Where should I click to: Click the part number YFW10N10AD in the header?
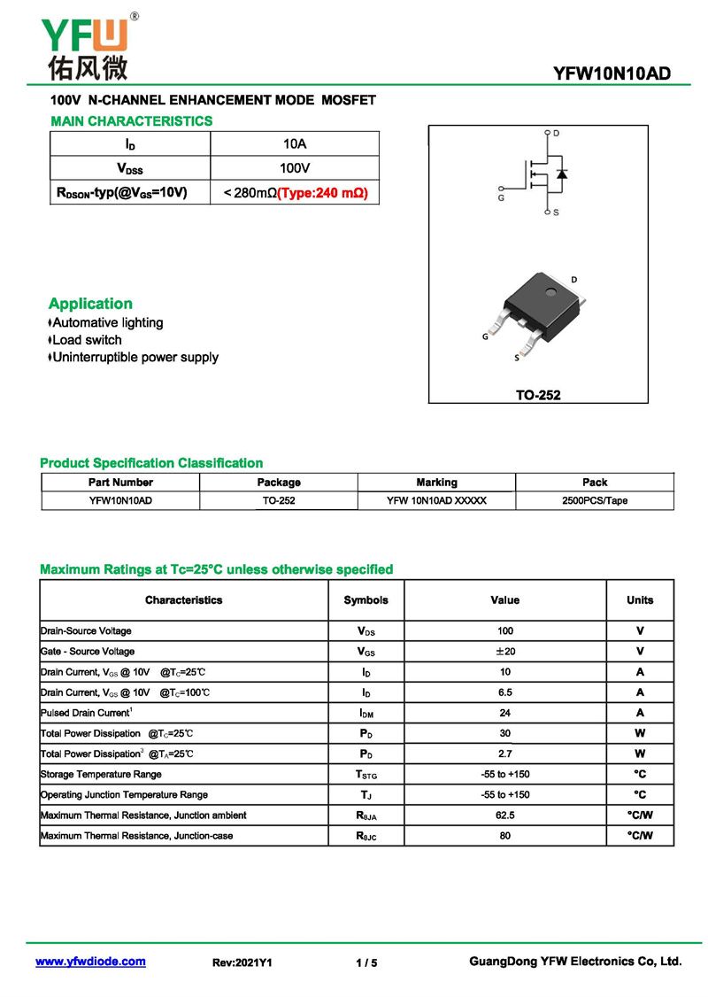[x=612, y=74]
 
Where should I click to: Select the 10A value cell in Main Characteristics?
[x=295, y=143]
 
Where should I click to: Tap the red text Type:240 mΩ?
[x=322, y=192]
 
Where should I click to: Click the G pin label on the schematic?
[x=501, y=198]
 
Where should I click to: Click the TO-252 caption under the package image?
[x=538, y=395]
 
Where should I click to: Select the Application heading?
[x=90, y=304]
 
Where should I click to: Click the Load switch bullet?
[x=87, y=340]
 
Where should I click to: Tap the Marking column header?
[x=436, y=483]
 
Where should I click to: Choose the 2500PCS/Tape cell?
[x=595, y=500]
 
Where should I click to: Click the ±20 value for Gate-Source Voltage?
[x=504, y=652]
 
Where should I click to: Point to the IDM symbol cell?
[x=366, y=713]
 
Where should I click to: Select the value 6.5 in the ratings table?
[x=504, y=692]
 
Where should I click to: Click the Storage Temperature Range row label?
[x=101, y=774]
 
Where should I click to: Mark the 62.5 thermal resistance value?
[x=504, y=815]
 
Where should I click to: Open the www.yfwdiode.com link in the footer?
[x=90, y=962]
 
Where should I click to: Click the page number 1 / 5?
[x=366, y=962]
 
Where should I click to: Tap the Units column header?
[x=640, y=600]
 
